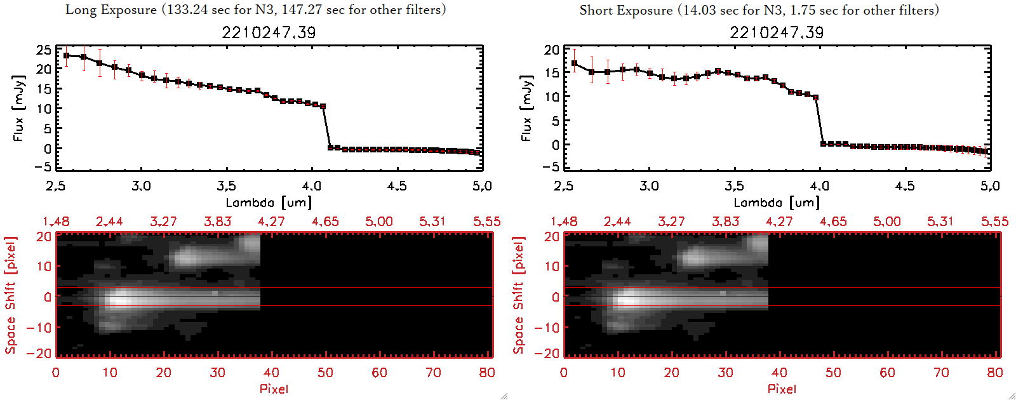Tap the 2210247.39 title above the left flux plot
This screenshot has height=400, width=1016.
(x=269, y=32)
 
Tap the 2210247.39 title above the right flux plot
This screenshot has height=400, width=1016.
(x=777, y=32)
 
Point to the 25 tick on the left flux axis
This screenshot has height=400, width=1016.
(x=44, y=50)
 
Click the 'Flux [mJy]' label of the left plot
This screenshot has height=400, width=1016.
(x=18, y=108)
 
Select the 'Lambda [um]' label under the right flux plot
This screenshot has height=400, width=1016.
(x=777, y=203)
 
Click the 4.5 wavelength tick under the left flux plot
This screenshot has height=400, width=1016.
(x=397, y=186)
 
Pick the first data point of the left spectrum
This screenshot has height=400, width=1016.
(x=66, y=56)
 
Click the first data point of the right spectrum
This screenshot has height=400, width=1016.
(x=575, y=63)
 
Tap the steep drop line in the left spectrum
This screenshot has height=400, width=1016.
(x=326, y=127)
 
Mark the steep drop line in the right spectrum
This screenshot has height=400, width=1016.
(x=819, y=121)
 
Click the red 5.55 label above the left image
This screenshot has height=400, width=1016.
(x=486, y=222)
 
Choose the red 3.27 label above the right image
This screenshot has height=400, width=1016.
(x=671, y=222)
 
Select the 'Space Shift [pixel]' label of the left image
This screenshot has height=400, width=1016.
(x=10, y=295)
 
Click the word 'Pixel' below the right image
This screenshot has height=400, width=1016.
(x=782, y=389)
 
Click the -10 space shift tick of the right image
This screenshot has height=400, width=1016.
(x=547, y=328)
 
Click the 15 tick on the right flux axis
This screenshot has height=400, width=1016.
(x=552, y=73)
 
